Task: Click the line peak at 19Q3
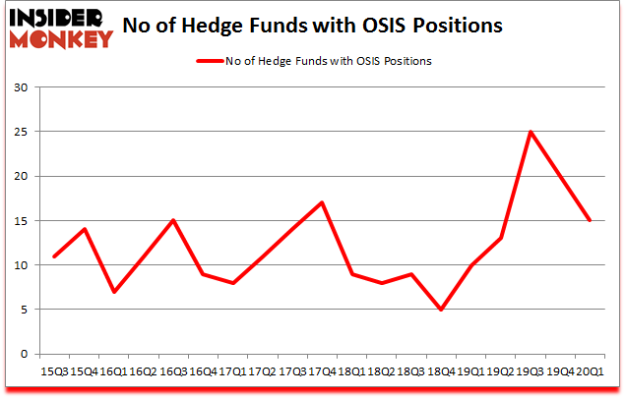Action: (531, 132)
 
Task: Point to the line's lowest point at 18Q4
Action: (442, 310)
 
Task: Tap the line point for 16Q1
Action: (114, 292)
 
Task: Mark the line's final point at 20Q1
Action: (591, 220)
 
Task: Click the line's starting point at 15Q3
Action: (55, 256)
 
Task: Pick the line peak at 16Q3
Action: (174, 220)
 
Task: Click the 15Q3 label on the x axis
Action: (55, 372)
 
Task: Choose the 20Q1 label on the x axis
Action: (591, 372)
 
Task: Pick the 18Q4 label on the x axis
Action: (442, 372)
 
